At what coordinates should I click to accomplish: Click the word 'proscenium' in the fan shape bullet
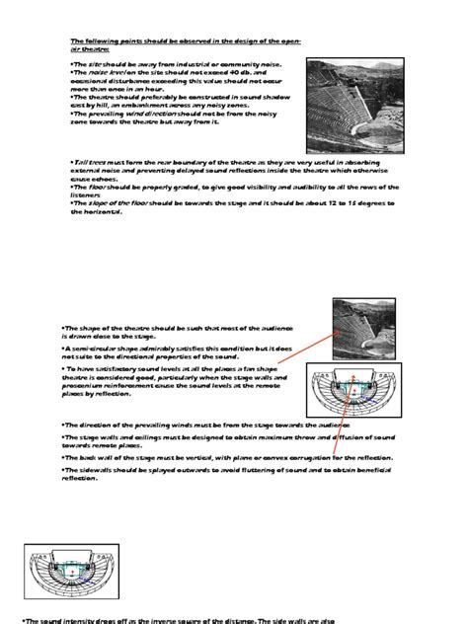pyautogui.click(x=91, y=385)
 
